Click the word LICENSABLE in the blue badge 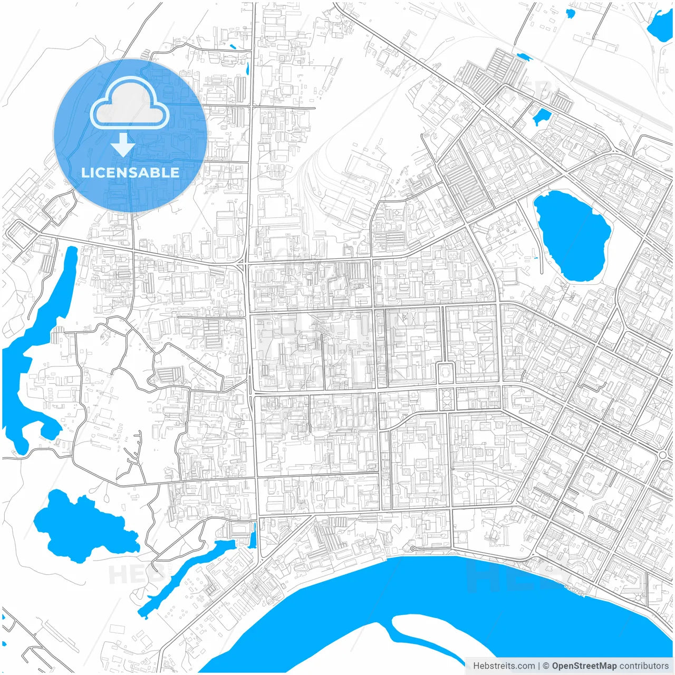click(x=130, y=172)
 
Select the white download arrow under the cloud click(x=123, y=144)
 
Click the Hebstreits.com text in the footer click(x=504, y=666)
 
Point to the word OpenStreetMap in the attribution click(x=584, y=666)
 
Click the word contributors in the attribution click(x=644, y=666)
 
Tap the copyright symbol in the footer click(x=546, y=666)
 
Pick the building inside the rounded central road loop click(x=446, y=373)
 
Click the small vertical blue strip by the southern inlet click(x=253, y=535)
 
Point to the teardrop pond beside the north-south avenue click(x=247, y=69)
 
